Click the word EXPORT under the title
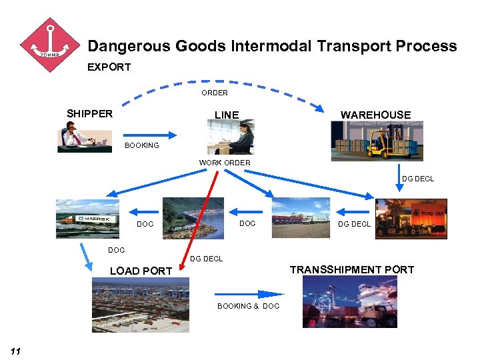click(x=109, y=67)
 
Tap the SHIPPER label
click(x=90, y=113)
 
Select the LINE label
click(x=227, y=115)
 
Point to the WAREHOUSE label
click(x=375, y=115)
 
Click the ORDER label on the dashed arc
click(x=215, y=93)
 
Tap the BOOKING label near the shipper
click(x=142, y=145)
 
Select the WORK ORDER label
click(x=225, y=163)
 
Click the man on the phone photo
click(x=84, y=139)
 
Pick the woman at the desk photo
click(x=231, y=137)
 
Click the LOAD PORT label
click(x=141, y=271)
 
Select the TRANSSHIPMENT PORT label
click(x=351, y=270)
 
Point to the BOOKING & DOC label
click(x=248, y=306)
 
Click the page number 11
click(x=16, y=351)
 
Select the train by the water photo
click(x=193, y=217)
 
